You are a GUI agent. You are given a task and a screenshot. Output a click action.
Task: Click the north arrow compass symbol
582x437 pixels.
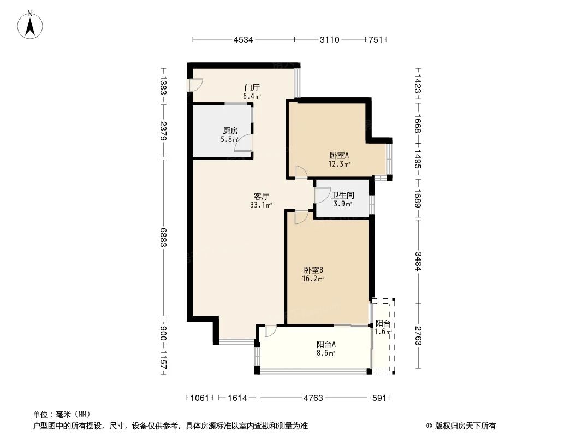coord(31,24)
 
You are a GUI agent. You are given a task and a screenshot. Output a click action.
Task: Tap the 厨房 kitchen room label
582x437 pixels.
coord(230,131)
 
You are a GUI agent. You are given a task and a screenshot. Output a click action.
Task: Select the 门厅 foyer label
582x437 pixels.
coord(252,87)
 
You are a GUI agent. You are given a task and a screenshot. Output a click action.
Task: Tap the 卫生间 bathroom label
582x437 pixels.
coord(343,195)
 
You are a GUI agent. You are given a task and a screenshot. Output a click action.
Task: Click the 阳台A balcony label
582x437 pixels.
coord(326,345)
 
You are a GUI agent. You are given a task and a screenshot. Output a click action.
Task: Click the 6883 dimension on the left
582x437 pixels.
coord(163,238)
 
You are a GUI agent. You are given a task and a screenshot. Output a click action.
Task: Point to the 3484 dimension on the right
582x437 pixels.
coord(418,261)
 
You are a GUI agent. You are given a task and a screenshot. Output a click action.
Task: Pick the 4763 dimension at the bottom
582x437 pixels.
coord(313,398)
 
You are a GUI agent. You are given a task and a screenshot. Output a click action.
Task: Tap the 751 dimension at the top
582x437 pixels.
coord(375,39)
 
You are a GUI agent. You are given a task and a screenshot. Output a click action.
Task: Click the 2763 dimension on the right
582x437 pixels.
coord(418,335)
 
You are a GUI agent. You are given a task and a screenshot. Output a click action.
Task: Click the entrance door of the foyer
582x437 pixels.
coord(195,85)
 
